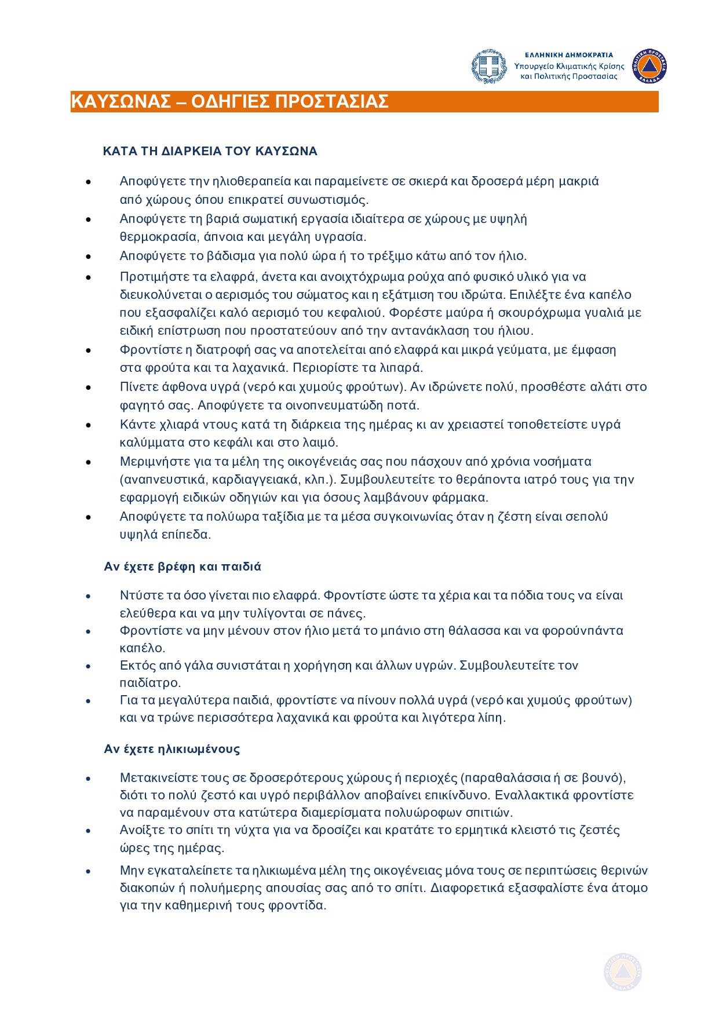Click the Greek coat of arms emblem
[x=490, y=67]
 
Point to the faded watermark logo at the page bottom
[x=623, y=971]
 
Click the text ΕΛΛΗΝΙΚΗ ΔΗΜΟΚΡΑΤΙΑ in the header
[x=568, y=55]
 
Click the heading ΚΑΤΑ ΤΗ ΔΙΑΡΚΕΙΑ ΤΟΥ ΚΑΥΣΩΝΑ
[x=210, y=151]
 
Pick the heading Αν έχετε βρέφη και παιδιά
[x=183, y=567]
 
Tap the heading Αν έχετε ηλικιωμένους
[x=171, y=749]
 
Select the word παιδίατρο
[x=150, y=682]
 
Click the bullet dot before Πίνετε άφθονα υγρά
[x=89, y=388]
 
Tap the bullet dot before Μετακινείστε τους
[x=89, y=778]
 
